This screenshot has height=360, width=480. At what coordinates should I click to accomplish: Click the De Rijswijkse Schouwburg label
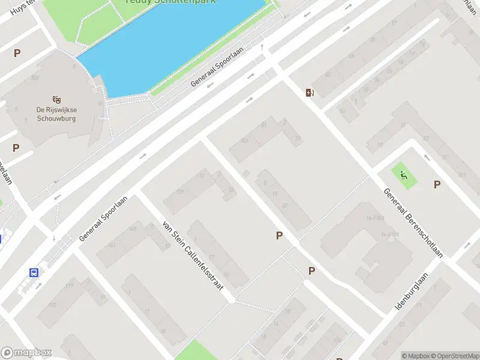point(57,114)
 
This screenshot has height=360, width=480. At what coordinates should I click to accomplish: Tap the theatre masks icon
point(57,99)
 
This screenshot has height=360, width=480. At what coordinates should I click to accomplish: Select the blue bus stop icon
point(34,272)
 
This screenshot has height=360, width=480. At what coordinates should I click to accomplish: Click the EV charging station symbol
point(310,92)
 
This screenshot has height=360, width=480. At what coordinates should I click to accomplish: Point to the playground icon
point(404,176)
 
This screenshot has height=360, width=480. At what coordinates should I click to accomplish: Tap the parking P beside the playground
point(437,184)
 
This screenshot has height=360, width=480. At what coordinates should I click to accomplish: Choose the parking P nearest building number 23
point(279,236)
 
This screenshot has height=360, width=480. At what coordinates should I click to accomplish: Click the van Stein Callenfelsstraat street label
point(193,257)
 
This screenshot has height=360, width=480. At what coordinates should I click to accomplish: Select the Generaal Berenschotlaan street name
point(413,222)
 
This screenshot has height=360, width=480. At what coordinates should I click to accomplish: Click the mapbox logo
point(26,353)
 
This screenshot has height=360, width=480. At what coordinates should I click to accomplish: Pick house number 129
point(179,191)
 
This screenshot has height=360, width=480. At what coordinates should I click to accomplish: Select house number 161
point(112,245)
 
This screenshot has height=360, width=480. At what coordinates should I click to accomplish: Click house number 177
point(69,286)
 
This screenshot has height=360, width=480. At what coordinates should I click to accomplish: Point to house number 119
point(200,176)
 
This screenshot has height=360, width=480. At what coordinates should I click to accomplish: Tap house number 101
point(461,175)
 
